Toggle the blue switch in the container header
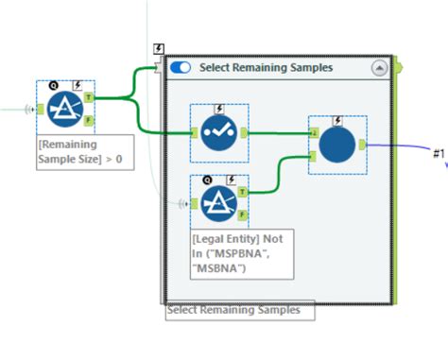pos(181,67)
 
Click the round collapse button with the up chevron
pos(379,68)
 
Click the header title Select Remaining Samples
pos(265,68)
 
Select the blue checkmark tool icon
pos(218,132)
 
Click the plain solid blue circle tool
pos(337,145)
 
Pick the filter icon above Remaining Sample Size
pos(65,108)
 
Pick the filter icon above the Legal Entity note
pos(218,202)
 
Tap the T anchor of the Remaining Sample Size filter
pos(88,96)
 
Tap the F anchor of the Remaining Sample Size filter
pos(88,120)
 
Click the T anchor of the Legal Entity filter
pos(242,191)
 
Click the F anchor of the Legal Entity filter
pos(242,214)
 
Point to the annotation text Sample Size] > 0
pos(85,161)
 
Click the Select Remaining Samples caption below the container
pos(233,309)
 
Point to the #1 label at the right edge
pos(438,153)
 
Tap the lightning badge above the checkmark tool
pos(219,109)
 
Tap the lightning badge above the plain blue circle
pos(338,120)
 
